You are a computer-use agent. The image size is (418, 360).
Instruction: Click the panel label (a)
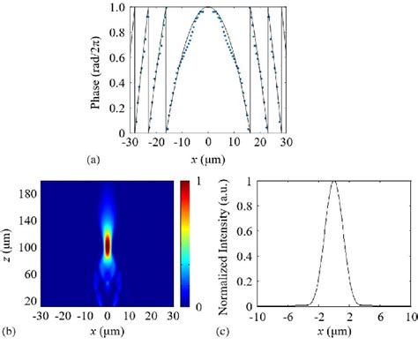(93, 160)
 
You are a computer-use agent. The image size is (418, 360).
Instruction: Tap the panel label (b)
(8, 333)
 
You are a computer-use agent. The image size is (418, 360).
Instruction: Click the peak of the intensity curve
(333, 183)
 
